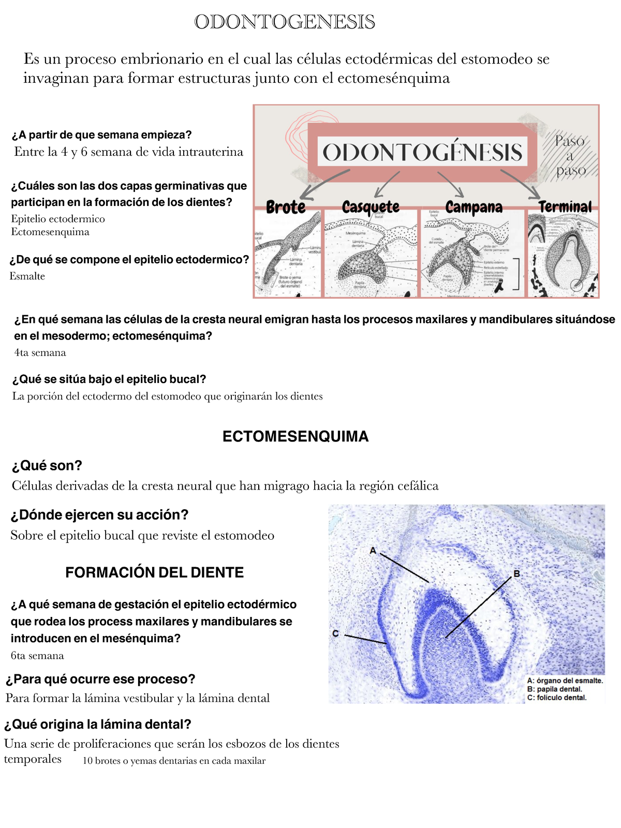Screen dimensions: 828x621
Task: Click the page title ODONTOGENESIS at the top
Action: point(285,22)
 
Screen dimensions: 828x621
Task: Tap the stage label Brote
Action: point(286,207)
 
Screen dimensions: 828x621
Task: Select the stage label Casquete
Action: point(371,207)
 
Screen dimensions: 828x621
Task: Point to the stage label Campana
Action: point(474,207)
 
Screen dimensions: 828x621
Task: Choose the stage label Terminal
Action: point(565,207)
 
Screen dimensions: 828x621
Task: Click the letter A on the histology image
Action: point(373,551)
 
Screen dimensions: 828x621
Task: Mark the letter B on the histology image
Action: point(516,573)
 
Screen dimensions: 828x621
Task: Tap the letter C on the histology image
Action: point(335,633)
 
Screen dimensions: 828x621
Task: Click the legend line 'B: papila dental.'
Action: point(554,689)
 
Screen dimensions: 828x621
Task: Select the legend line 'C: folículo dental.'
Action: point(557,698)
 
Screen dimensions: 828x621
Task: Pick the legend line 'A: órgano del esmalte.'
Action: point(565,681)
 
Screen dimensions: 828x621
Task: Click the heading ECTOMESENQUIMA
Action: point(295,436)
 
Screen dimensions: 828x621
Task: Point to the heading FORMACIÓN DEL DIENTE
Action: point(154,572)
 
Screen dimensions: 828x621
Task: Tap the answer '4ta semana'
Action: point(40,353)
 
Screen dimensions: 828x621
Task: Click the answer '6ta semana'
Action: point(37,656)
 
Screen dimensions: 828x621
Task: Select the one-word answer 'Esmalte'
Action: point(27,276)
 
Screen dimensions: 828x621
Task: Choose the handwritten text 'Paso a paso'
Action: point(570,155)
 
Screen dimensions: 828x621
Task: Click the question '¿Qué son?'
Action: point(47,466)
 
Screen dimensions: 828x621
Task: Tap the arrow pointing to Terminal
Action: point(520,184)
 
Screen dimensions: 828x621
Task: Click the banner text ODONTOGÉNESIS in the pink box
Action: point(422,152)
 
